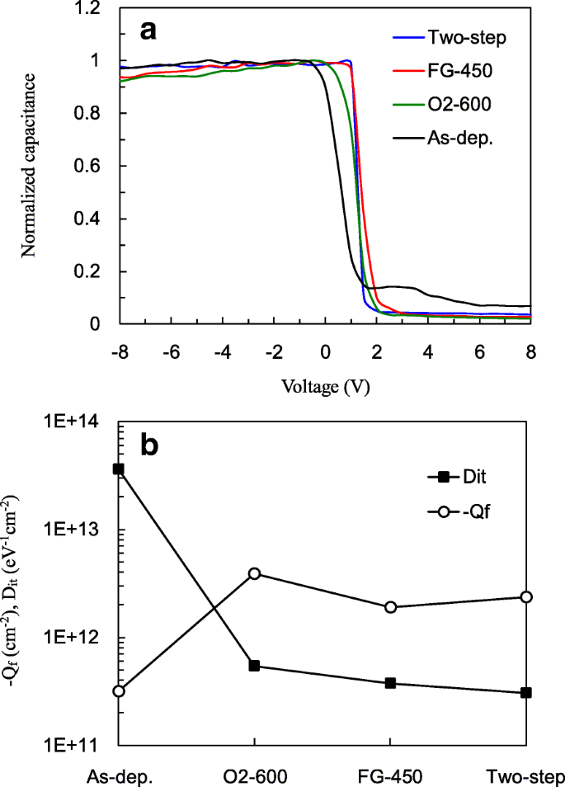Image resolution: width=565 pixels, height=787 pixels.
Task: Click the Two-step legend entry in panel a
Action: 457,37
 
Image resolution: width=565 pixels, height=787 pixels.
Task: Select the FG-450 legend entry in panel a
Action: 456,72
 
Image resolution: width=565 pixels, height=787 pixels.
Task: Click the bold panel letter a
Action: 148,31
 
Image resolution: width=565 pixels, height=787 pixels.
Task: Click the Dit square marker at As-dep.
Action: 119,469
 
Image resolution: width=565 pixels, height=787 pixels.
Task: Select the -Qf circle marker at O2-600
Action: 255,573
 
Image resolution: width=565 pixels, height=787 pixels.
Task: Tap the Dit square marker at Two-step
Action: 526,692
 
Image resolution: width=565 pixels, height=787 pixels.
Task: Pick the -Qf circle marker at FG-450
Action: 391,607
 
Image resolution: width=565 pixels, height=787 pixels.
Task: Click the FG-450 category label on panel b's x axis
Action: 389,777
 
